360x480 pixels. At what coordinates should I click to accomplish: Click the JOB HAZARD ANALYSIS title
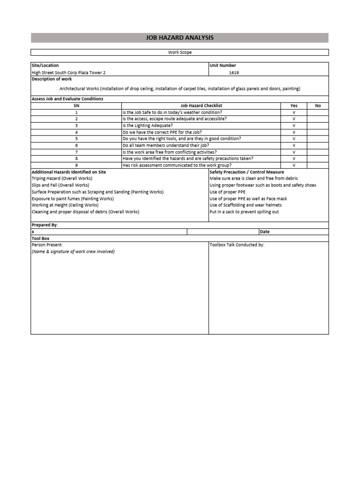point(180,37)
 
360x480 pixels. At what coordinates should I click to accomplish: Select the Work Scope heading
point(180,52)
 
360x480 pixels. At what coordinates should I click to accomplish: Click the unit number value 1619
point(234,73)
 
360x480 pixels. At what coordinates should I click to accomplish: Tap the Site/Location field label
point(45,66)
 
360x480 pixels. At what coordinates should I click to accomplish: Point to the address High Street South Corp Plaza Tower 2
point(72,73)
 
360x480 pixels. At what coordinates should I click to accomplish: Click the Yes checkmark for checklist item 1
point(294,112)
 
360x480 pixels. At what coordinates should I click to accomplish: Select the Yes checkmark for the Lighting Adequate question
point(294,126)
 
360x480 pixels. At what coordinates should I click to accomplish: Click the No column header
point(318,106)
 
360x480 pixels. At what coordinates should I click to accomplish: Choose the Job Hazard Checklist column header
point(201,106)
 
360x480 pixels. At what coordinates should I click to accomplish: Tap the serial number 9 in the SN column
point(76,165)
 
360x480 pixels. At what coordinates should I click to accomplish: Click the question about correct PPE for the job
point(162,132)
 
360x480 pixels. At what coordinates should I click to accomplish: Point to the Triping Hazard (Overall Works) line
point(62,179)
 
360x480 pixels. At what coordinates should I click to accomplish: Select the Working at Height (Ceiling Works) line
point(65,205)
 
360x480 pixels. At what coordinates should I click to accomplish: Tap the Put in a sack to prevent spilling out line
point(244,212)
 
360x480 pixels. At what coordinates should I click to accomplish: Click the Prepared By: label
point(45,225)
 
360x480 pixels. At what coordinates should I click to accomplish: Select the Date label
point(264,232)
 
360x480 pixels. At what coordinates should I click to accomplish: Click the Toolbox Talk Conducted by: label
point(237,245)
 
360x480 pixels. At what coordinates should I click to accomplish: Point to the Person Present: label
point(47,245)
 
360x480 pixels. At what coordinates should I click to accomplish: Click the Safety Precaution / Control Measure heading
point(247,172)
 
